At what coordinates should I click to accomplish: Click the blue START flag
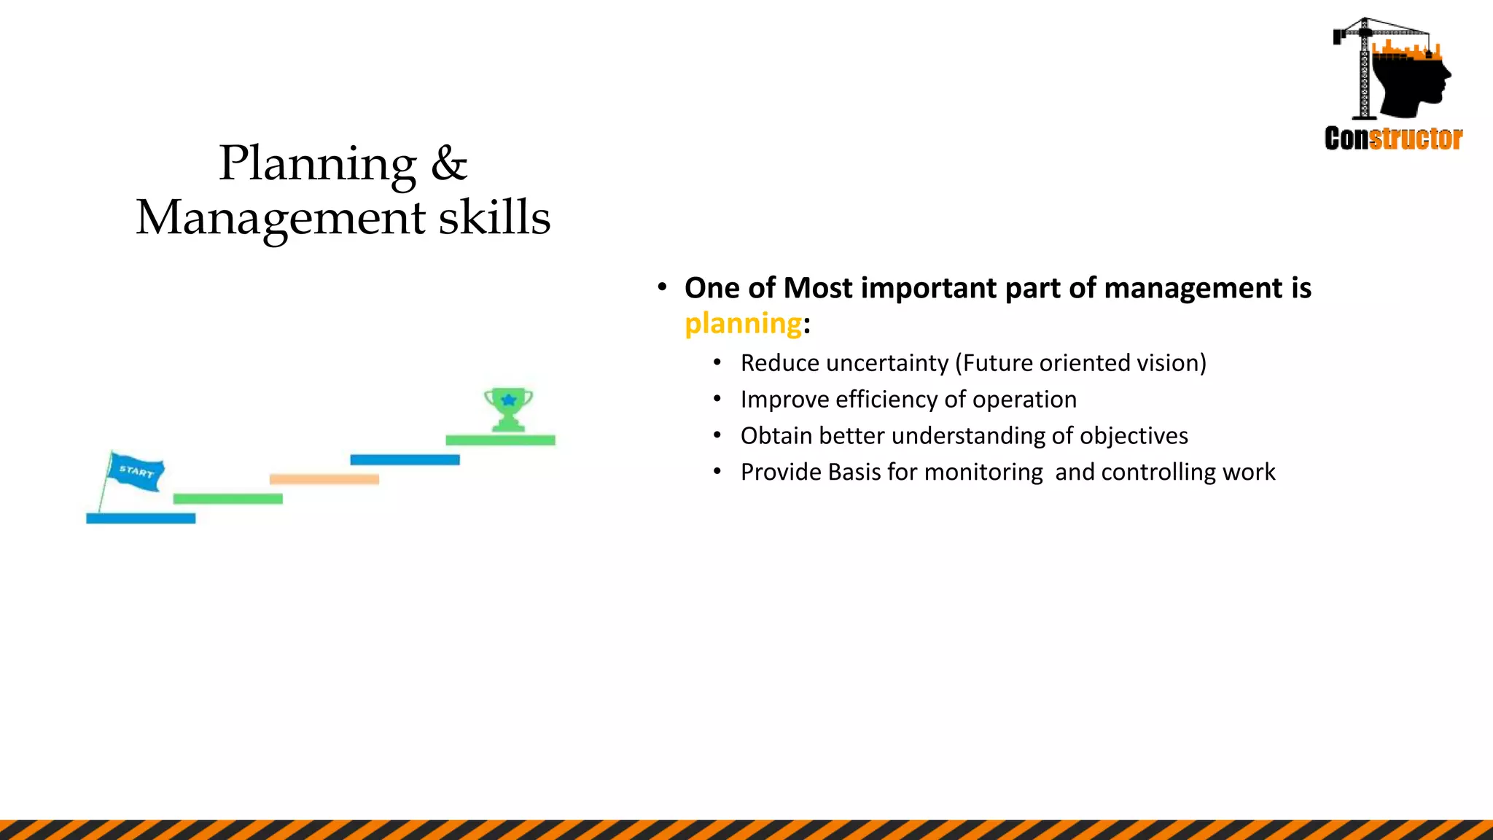click(136, 472)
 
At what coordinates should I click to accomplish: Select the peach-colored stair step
click(324, 479)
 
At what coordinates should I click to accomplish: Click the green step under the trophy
click(500, 440)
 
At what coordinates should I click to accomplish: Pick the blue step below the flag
click(141, 518)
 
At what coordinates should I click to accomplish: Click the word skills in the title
click(494, 218)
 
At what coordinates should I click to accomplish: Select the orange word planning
click(744, 323)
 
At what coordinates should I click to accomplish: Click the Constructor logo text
click(1393, 138)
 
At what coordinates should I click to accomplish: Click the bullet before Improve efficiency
click(717, 399)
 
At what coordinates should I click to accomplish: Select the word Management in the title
click(281, 218)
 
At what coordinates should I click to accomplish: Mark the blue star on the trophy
click(509, 400)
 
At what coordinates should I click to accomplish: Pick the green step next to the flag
click(227, 499)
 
